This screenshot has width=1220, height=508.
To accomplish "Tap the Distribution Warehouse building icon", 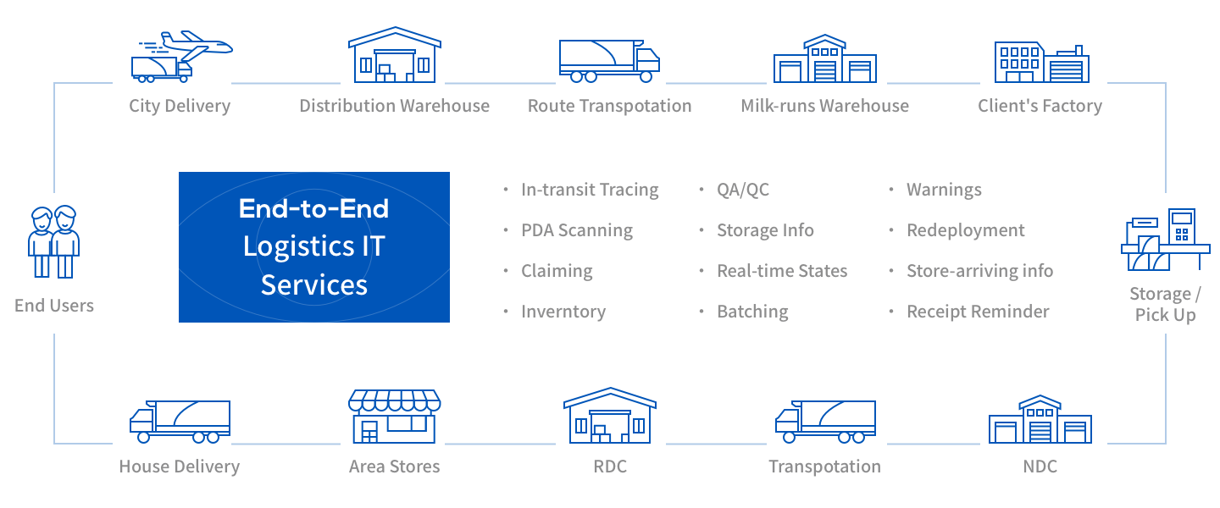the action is tap(395, 55).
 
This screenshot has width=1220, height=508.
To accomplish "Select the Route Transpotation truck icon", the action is tap(609, 61).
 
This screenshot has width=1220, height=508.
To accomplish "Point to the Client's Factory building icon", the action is tap(1042, 63).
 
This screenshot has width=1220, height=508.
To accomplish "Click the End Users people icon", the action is tap(54, 242).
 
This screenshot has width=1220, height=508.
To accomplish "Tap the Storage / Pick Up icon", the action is tap(1166, 240).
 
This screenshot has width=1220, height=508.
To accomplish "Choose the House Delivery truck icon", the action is tap(180, 422).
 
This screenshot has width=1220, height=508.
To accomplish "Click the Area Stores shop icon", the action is tap(395, 416).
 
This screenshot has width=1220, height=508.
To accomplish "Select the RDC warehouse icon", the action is tap(610, 416).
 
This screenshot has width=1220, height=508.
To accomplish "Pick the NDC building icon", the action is tap(1040, 419).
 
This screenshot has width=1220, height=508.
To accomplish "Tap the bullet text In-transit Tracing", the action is tap(590, 190).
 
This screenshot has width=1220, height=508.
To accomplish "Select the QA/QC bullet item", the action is tap(743, 190).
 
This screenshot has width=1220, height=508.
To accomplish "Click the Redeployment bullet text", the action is tap(966, 230).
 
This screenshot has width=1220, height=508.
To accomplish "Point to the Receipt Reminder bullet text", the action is tap(978, 312).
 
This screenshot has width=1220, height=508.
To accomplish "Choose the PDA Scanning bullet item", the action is tap(577, 230).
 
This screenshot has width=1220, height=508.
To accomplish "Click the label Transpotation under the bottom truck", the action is tap(824, 467).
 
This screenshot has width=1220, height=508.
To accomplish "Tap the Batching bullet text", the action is tap(752, 312).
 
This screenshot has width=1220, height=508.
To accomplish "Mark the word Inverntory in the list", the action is tap(563, 312).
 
